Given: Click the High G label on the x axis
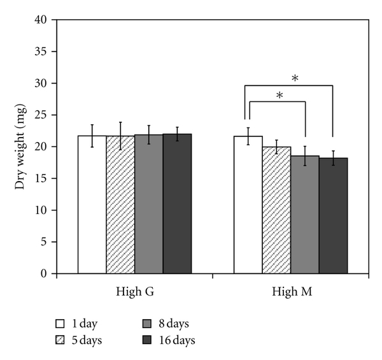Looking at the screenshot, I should [134, 292].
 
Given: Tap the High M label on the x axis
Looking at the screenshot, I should [290, 292].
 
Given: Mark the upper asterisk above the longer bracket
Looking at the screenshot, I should [295, 78].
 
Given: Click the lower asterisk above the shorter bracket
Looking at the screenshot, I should [279, 96].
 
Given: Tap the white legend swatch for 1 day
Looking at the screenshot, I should [62, 324].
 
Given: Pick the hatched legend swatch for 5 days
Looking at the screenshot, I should [62, 340].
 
